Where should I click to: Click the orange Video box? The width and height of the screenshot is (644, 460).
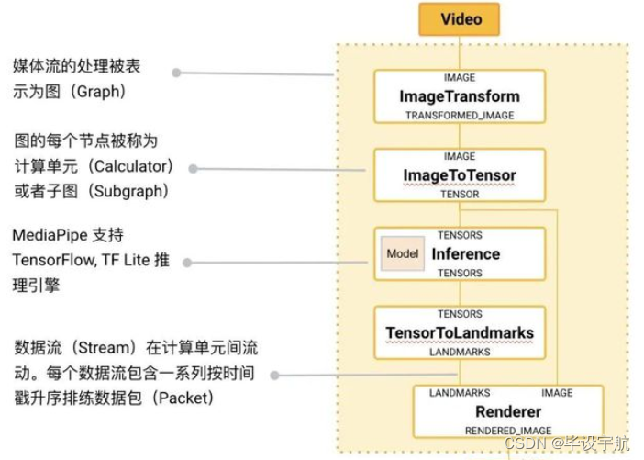coord(460,19)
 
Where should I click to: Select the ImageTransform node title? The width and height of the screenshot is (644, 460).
coord(460,96)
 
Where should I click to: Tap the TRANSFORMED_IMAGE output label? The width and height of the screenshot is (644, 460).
coord(460,116)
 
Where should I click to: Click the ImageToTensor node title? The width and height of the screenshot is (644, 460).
coord(460,175)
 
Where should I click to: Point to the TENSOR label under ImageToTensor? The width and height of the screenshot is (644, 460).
coord(460,195)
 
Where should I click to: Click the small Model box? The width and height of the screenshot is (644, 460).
coord(403,254)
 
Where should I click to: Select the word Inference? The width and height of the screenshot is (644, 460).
coord(466,254)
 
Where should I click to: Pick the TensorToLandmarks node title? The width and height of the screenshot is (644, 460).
coord(460,332)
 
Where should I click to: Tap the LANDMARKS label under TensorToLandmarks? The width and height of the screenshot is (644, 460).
coord(460,352)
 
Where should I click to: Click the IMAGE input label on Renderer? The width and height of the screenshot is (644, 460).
coord(557,393)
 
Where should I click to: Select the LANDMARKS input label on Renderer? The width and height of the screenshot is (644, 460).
coord(460,393)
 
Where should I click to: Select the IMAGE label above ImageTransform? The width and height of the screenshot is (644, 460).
coord(460,78)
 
